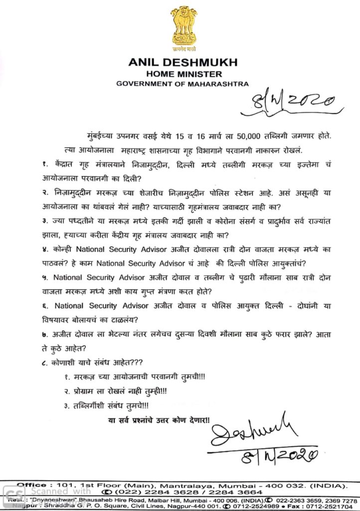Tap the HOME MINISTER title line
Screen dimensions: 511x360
[183, 73]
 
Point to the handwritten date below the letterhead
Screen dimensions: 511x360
[294, 102]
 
